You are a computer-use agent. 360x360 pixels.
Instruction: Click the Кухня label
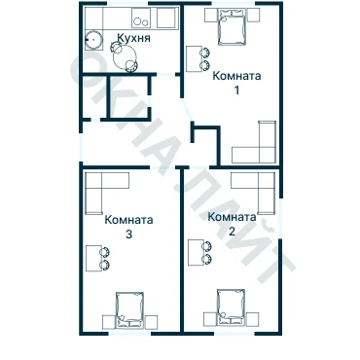[133, 38]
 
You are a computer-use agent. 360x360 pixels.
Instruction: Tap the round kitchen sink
[94, 40]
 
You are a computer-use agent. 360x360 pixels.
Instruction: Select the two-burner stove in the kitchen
[141, 18]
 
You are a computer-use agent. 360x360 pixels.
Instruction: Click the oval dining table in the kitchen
[125, 56]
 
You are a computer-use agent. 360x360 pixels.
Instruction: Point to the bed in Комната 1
[232, 27]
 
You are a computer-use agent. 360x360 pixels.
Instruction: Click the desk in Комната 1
[194, 58]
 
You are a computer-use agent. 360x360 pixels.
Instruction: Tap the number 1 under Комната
[236, 90]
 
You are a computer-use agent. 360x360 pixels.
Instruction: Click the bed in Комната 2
[231, 307]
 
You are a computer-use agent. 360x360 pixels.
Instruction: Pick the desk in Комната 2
[197, 252]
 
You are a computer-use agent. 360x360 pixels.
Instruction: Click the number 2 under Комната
[232, 232]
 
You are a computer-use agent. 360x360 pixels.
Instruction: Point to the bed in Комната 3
[129, 310]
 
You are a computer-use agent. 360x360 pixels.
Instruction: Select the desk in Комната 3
[93, 258]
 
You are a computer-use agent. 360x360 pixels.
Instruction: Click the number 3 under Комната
[128, 234]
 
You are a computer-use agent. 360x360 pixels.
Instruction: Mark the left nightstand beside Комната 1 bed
[211, 15]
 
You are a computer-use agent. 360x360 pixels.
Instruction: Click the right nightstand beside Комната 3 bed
[151, 322]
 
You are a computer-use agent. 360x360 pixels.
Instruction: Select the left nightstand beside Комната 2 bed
[210, 319]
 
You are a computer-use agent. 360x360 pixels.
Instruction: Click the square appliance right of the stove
[167, 18]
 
